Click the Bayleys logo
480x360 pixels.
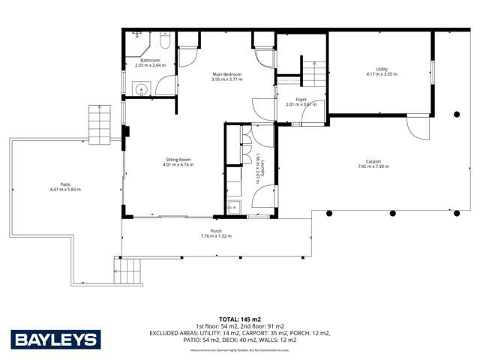click(x=55, y=340)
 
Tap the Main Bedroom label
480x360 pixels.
click(x=226, y=74)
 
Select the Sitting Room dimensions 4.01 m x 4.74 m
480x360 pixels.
click(x=178, y=165)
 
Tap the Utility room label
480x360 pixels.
click(x=381, y=70)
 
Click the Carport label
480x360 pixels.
click(x=373, y=161)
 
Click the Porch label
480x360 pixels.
click(x=216, y=231)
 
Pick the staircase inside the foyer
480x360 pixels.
click(x=313, y=76)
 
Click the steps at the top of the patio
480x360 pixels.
click(x=100, y=124)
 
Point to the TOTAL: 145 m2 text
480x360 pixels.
click(x=240, y=319)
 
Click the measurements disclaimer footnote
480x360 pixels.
click(x=240, y=350)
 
